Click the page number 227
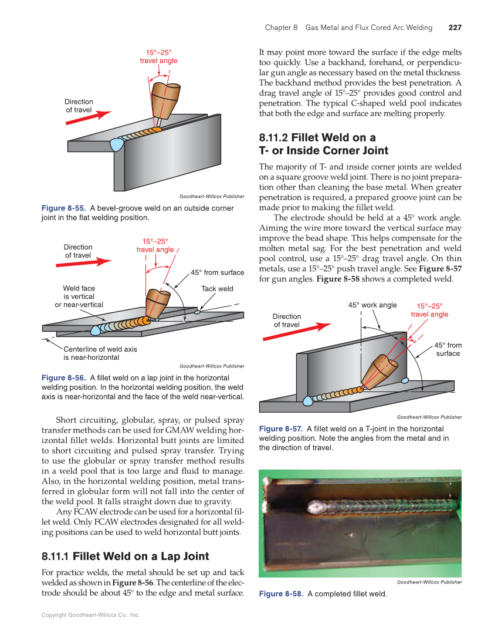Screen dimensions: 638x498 (x=455, y=28)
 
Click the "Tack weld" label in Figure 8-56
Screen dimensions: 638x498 (x=217, y=289)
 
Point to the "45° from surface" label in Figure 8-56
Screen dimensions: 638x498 (x=218, y=272)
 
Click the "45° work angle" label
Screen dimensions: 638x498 (x=372, y=305)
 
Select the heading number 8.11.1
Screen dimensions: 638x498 (x=55, y=555)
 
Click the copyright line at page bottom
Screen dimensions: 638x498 (x=90, y=615)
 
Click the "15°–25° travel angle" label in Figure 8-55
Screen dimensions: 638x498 (x=158, y=56)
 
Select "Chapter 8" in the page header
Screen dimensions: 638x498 (x=282, y=28)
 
